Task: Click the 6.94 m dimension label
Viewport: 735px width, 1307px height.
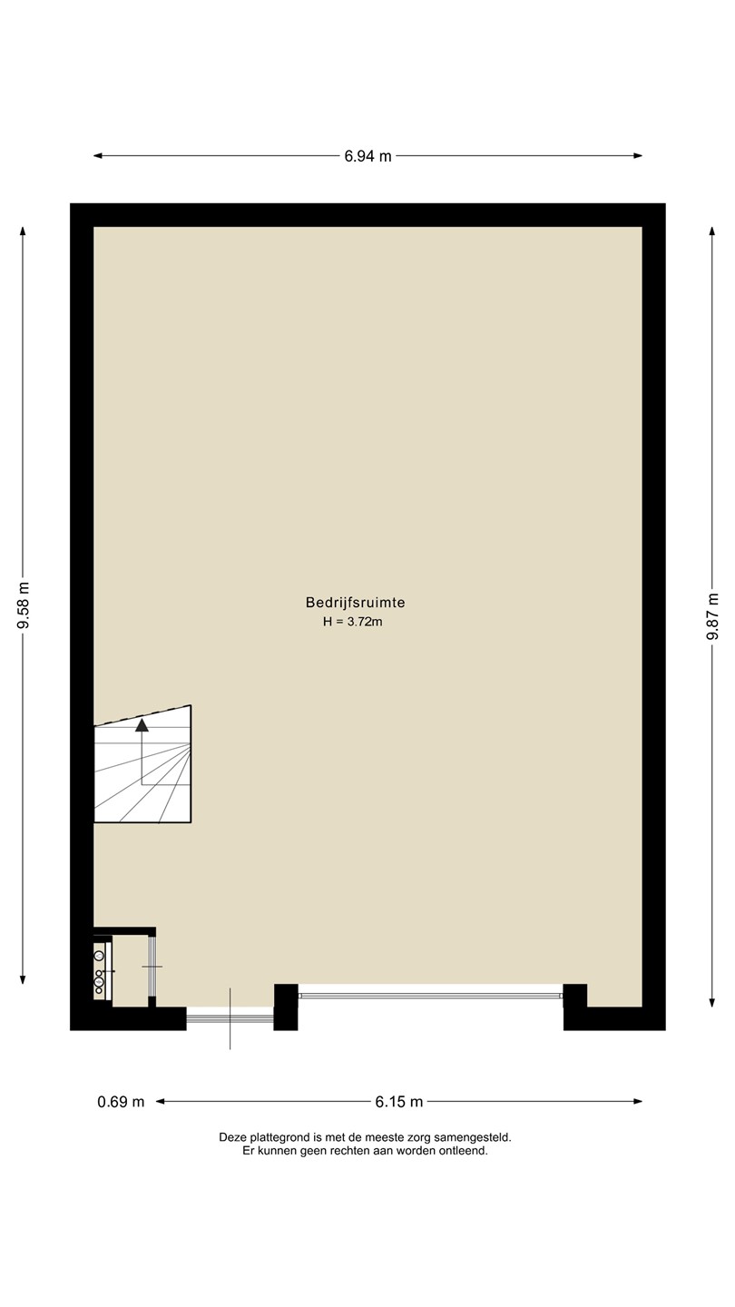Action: click(x=367, y=156)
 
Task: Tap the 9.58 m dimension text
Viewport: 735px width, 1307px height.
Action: click(x=24, y=605)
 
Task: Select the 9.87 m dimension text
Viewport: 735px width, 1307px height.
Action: click(x=712, y=616)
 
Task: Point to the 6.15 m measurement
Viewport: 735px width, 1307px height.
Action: click(x=399, y=1102)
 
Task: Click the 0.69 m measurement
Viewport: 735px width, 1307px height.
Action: click(x=121, y=1102)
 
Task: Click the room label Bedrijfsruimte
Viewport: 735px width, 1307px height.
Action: click(x=356, y=602)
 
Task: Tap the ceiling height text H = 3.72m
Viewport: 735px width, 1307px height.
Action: click(x=353, y=622)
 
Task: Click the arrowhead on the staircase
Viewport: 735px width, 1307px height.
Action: click(x=142, y=725)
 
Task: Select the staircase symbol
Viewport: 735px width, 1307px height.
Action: click(x=143, y=764)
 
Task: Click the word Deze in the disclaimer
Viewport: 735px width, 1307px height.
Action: click(x=232, y=1137)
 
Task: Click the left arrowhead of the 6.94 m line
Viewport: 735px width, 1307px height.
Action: click(x=98, y=156)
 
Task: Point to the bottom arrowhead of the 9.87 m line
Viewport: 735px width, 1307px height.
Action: click(x=712, y=1003)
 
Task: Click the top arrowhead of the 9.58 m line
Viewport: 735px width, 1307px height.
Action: click(x=24, y=231)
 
